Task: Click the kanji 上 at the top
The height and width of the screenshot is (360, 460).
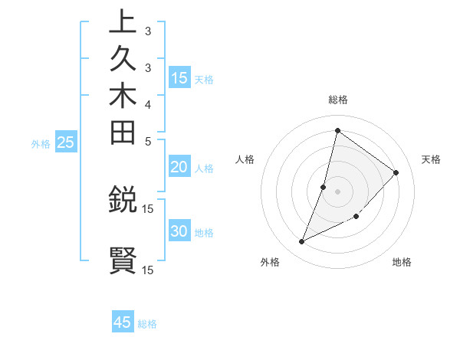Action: (123, 23)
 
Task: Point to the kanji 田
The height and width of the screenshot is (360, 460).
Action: (123, 133)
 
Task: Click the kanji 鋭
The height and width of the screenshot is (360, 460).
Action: (123, 201)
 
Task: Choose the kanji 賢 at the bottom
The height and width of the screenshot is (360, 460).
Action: (123, 261)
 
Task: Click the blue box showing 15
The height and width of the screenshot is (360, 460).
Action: (179, 77)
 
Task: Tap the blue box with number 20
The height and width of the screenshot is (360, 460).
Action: (179, 168)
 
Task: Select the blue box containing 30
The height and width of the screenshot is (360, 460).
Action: (179, 232)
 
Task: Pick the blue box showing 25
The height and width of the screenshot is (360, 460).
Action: (66, 142)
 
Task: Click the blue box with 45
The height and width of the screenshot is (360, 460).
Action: (123, 322)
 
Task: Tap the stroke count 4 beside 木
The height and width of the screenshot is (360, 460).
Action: (147, 103)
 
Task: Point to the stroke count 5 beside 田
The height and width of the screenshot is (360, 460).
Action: (147, 140)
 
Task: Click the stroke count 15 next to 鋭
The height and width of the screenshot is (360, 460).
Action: (148, 208)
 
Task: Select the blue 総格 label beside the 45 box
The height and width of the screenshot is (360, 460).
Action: (148, 324)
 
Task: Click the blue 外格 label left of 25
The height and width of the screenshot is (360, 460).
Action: (41, 143)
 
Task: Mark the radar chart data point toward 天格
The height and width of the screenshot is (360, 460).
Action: (396, 172)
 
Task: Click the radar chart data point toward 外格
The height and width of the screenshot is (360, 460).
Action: (302, 242)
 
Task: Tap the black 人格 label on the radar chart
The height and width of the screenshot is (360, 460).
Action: (245, 159)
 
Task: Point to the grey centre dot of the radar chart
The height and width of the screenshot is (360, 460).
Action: (337, 191)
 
